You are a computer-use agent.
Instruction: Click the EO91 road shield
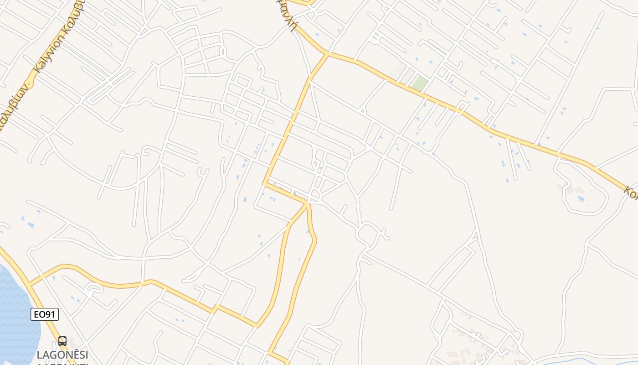(45, 314)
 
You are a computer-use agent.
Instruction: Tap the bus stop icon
(62, 341)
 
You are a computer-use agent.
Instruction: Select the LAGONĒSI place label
(62, 355)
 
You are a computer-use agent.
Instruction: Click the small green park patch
(420, 83)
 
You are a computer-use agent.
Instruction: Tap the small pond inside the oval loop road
(581, 198)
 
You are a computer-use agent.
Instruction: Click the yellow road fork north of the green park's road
(327, 54)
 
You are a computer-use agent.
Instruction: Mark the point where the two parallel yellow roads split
(308, 204)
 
